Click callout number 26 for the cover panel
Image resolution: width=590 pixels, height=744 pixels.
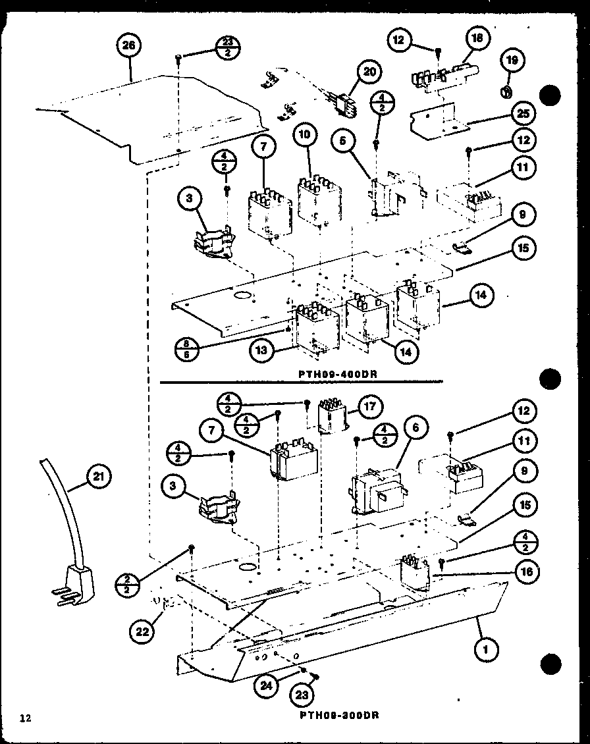(128, 46)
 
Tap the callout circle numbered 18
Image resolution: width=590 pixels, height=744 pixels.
(477, 39)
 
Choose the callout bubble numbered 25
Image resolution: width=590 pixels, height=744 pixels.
(523, 113)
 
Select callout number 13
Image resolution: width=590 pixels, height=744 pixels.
(261, 351)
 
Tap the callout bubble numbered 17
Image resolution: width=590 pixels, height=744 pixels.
(370, 407)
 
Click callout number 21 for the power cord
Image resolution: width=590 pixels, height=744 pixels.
(97, 477)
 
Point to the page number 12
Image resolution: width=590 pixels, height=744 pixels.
(24, 717)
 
